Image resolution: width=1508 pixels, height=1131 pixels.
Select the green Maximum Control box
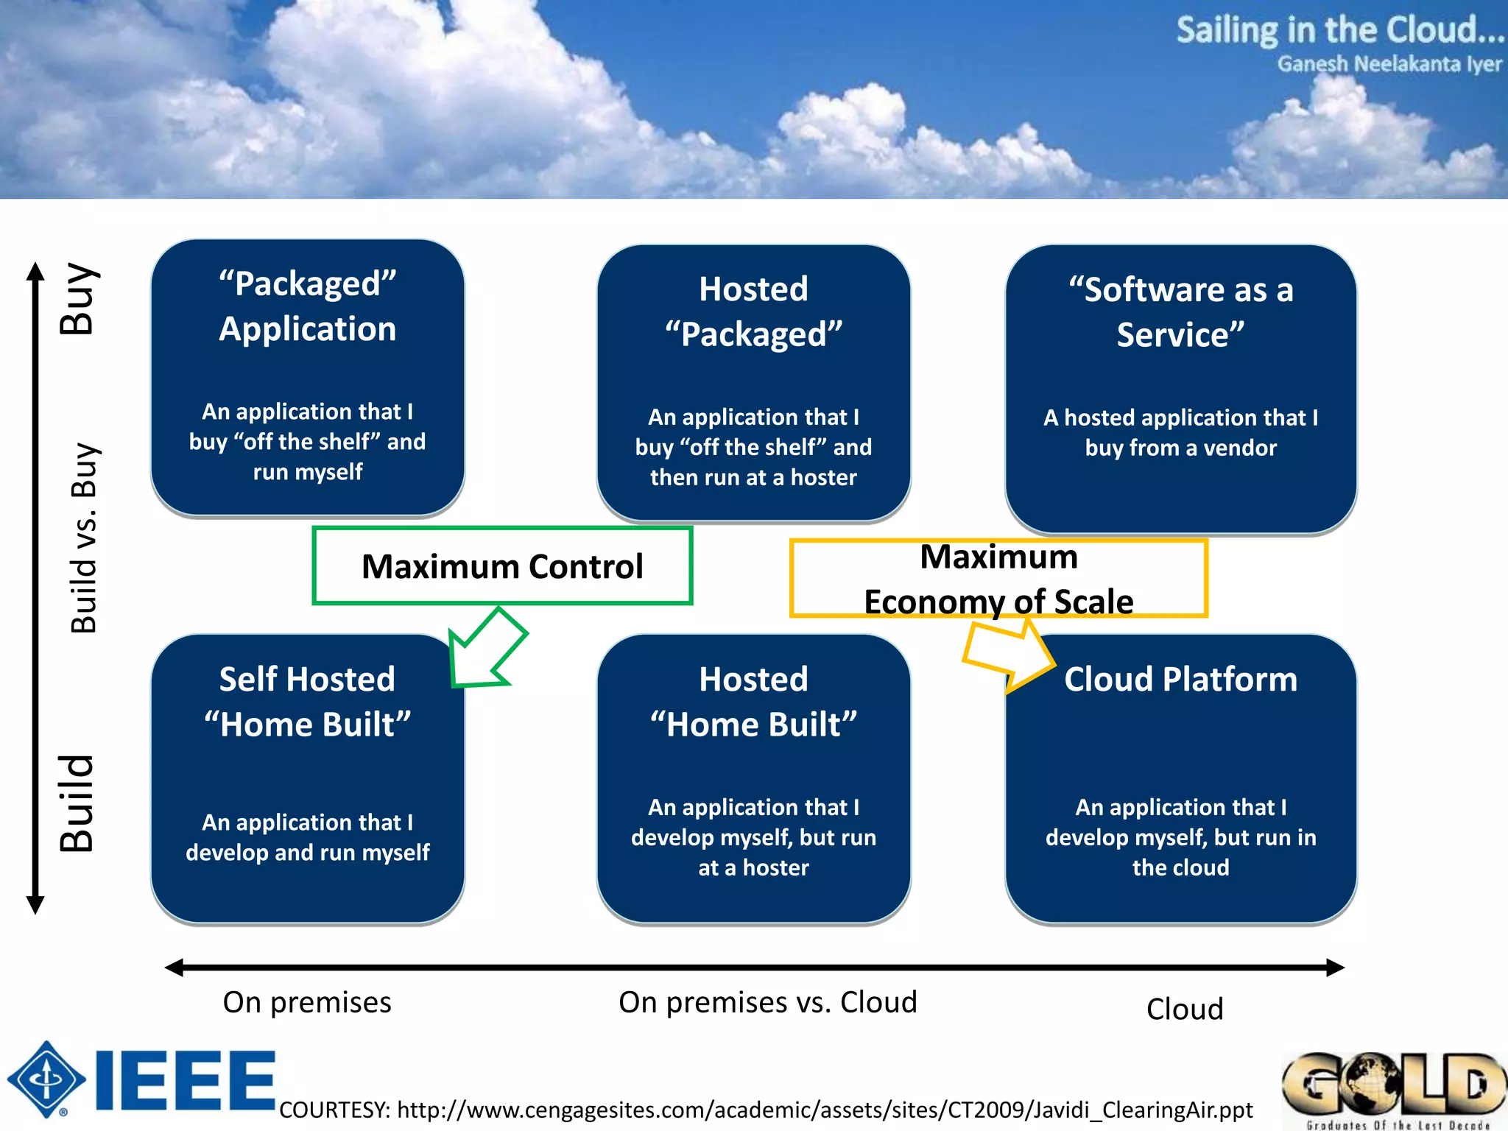[502, 566]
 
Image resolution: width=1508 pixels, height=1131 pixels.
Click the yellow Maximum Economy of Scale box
[998, 579]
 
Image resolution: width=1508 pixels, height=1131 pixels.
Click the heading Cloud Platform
[1180, 679]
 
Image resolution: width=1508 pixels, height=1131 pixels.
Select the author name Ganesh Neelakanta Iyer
[1389, 65]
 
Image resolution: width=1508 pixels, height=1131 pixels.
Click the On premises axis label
[307, 1002]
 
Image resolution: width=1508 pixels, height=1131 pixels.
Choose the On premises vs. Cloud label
[767, 1002]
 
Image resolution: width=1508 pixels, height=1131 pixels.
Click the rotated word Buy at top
[77, 298]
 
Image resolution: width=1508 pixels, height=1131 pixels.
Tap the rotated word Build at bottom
[77, 803]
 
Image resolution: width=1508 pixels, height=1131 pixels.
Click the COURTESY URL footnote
[766, 1110]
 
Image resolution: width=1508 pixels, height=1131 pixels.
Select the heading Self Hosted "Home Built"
[308, 702]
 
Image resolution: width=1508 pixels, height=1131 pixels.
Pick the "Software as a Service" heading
[1180, 312]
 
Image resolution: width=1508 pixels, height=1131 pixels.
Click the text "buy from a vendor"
[1180, 448]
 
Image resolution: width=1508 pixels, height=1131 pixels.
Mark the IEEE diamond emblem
[46, 1079]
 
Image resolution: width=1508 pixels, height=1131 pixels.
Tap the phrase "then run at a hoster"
[753, 478]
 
